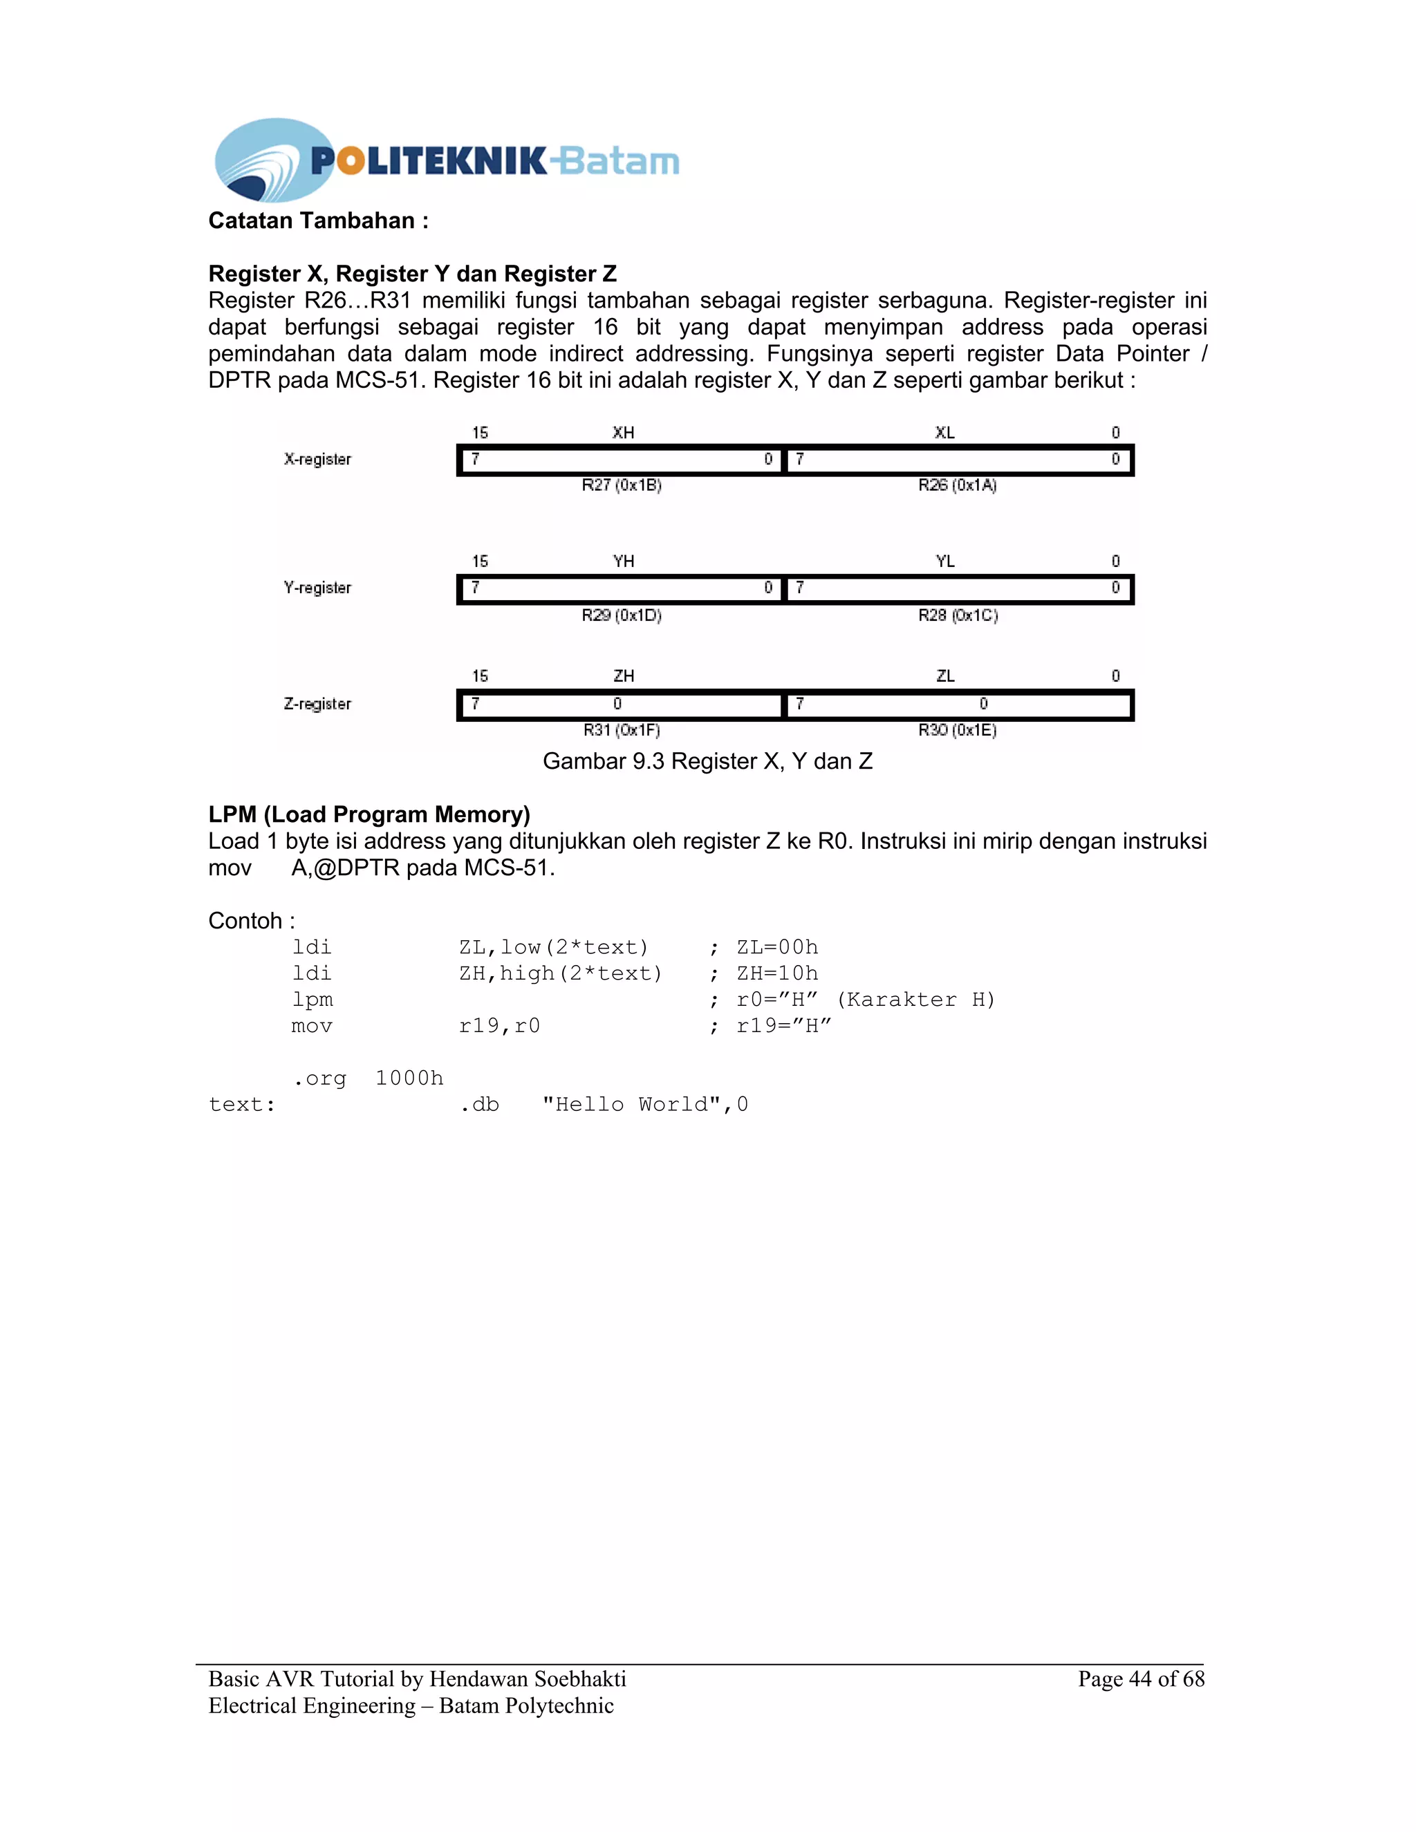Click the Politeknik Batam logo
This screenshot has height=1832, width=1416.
click(x=446, y=160)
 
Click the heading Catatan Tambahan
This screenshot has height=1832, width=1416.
click(x=318, y=221)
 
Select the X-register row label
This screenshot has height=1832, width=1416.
click(x=317, y=459)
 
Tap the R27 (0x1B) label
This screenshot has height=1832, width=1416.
click(x=622, y=485)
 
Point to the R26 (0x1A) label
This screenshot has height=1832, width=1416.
click(x=957, y=485)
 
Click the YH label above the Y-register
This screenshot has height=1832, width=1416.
click(x=623, y=561)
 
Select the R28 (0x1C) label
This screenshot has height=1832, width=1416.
click(x=958, y=615)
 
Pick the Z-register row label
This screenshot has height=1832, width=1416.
click(x=317, y=704)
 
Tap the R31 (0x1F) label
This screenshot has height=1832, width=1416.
click(x=622, y=730)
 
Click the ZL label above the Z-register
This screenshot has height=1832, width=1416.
click(x=945, y=676)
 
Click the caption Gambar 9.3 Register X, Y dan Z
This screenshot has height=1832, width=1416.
click(x=707, y=761)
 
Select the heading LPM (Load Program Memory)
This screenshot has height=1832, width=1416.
click(x=369, y=814)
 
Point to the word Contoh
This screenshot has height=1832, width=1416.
click(x=245, y=921)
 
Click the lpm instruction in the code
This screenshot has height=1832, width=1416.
click(x=312, y=1000)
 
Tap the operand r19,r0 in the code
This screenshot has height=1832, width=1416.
click(x=499, y=1026)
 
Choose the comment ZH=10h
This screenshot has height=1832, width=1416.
click(x=776, y=973)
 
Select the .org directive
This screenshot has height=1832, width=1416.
click(x=319, y=1078)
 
